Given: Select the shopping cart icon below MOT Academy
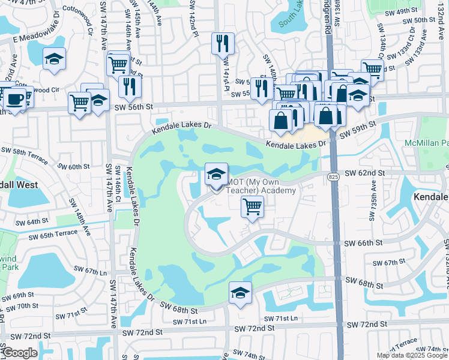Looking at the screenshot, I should pyautogui.click(x=253, y=207).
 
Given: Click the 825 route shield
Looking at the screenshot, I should pyautogui.click(x=334, y=176).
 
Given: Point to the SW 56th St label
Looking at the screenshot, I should pyautogui.click(x=134, y=106).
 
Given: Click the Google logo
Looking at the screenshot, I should pyautogui.click(x=20, y=353).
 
